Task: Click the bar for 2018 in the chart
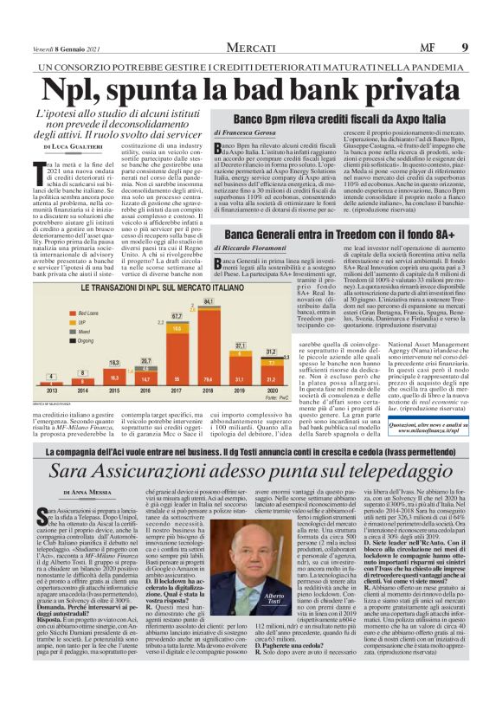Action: click(x=208, y=355)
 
